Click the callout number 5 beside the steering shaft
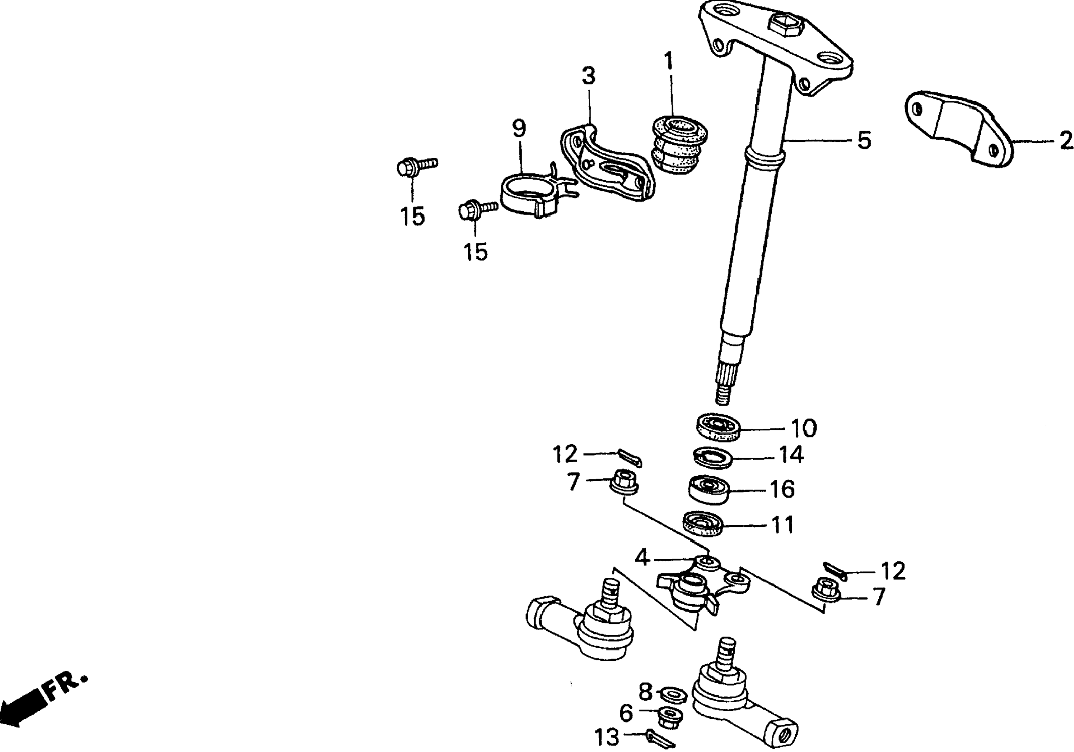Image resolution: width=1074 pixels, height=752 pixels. point(864,140)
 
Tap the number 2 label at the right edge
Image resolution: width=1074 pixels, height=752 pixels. point(1066,140)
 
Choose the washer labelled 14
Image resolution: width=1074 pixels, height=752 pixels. point(712,457)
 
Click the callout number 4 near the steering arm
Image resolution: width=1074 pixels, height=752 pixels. point(642,558)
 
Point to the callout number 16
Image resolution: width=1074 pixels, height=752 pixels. point(782,489)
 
